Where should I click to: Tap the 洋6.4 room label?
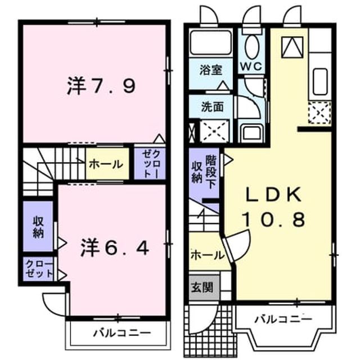pyautogui.click(x=115, y=247)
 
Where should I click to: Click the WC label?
pyautogui.click(x=251, y=66)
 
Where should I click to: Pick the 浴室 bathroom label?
pyautogui.click(x=211, y=70)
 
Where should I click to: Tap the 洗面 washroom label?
pyautogui.click(x=213, y=106)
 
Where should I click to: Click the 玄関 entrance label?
pyautogui.click(x=202, y=287)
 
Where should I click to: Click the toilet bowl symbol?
pyautogui.click(x=252, y=47)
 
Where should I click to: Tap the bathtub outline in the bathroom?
pyautogui.click(x=210, y=42)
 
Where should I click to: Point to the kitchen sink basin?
pyautogui.click(x=320, y=81)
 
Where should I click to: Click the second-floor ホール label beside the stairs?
pyautogui.click(x=106, y=165)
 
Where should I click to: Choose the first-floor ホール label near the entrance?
pyautogui.click(x=207, y=255)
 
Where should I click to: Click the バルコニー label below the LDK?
pyautogui.click(x=284, y=319)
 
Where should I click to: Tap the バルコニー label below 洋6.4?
pyautogui.click(x=122, y=332)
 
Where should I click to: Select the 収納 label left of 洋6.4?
pyautogui.click(x=38, y=227)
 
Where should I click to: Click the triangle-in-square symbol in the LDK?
pyautogui.click(x=292, y=47)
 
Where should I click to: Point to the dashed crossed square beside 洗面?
pyautogui.click(x=214, y=130)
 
